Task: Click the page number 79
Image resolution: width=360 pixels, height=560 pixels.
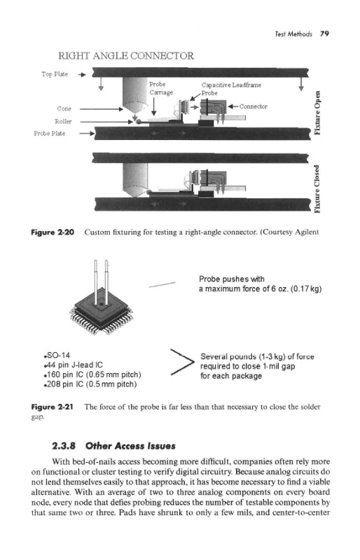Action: tap(324, 34)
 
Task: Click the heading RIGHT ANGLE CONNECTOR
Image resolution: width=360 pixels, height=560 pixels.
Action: tap(126, 56)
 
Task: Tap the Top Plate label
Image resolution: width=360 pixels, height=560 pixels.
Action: tap(55, 74)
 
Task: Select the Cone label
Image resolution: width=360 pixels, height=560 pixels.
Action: tap(64, 108)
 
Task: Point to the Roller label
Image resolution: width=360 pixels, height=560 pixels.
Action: tap(63, 121)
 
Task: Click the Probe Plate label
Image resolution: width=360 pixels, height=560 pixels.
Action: tap(49, 133)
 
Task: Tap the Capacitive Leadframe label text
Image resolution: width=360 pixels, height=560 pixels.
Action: tap(231, 85)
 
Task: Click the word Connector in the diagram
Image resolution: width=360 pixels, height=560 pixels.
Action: tap(253, 106)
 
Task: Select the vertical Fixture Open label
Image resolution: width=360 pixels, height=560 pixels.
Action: tap(317, 113)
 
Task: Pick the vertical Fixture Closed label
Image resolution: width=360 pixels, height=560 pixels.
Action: tap(317, 188)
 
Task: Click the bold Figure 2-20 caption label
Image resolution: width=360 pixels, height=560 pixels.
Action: tap(53, 232)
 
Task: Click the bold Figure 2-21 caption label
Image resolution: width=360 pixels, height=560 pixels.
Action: tap(53, 407)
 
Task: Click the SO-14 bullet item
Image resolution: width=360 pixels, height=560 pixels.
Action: tap(57, 356)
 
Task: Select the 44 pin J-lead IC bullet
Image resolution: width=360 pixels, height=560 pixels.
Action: tap(73, 365)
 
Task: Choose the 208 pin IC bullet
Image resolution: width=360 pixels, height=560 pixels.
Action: tap(90, 384)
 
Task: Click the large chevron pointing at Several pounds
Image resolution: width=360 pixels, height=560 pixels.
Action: tap(182, 362)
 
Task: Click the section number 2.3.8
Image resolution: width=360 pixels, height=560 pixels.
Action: tap(64, 446)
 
